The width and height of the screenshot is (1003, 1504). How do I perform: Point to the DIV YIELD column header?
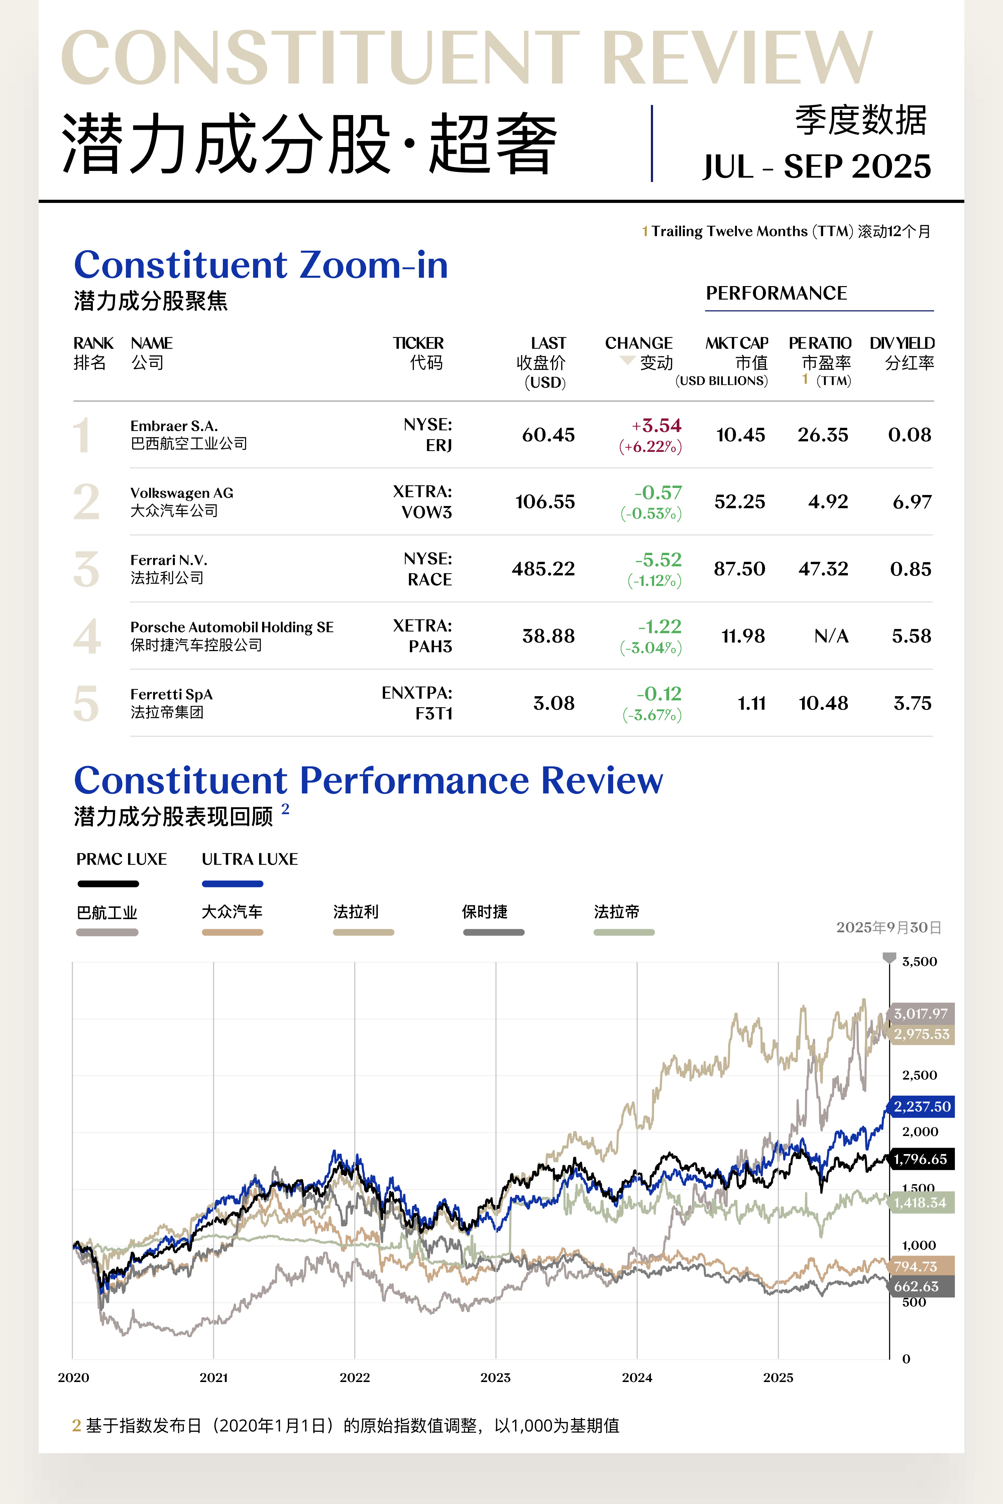902,352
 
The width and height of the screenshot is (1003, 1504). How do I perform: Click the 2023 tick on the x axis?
496,1377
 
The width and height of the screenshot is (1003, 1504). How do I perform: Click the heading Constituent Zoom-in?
261,265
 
